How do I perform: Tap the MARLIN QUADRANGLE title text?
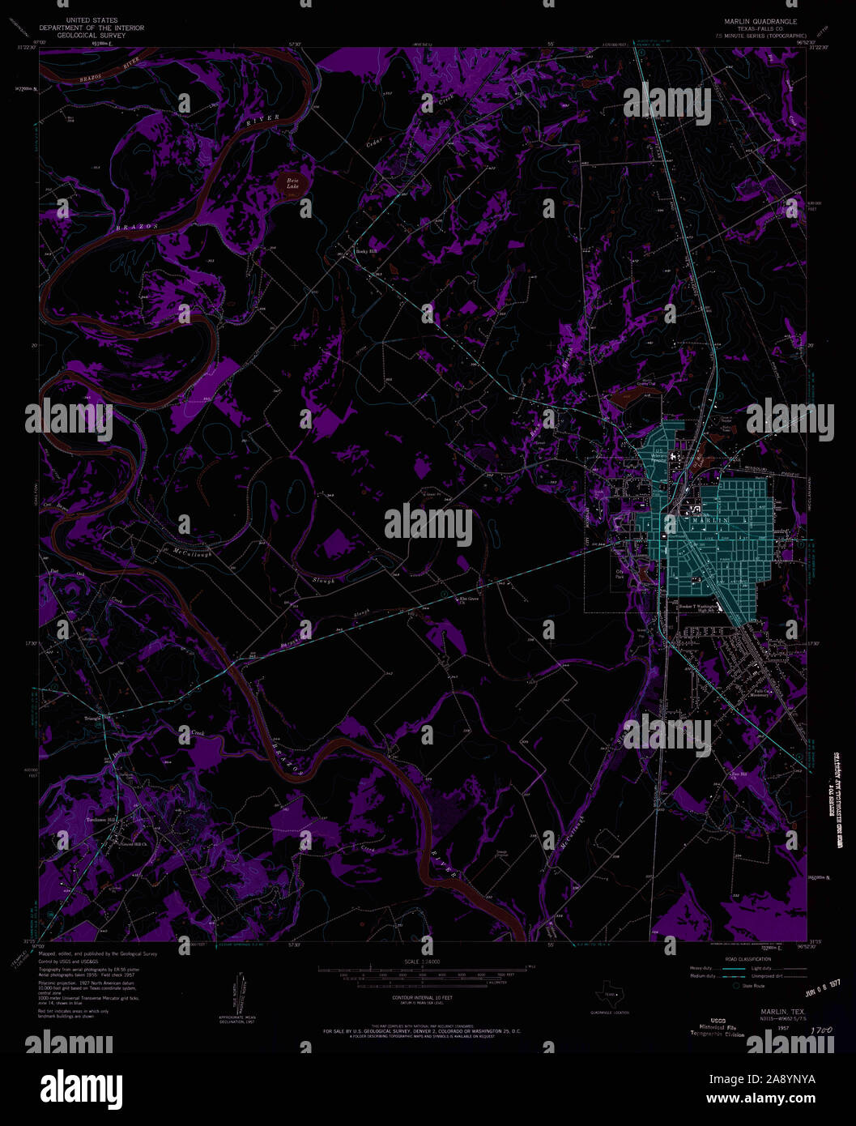[x=754, y=21]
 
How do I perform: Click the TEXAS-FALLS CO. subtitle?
[x=754, y=29]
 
